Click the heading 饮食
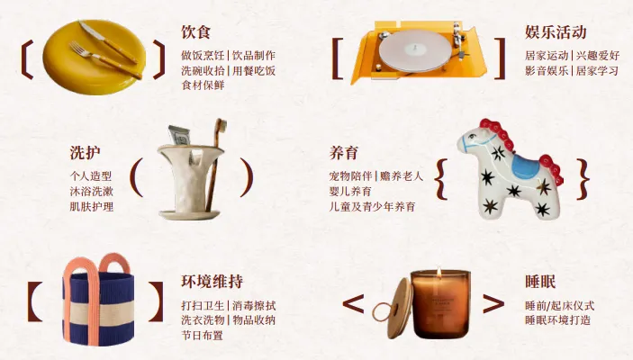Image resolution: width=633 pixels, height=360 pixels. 195,31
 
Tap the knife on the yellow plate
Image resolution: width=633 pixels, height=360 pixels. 108,41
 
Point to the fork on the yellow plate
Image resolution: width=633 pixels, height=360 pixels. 105,60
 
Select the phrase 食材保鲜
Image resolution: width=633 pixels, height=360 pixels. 203,85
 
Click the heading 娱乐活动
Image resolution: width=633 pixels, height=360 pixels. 556,31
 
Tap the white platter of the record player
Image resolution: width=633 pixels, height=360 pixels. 414,51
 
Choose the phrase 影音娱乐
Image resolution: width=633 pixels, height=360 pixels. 547,70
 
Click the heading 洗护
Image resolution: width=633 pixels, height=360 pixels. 85,153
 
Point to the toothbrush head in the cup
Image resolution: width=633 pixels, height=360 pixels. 221,126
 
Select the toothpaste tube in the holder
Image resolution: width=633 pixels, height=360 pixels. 179,135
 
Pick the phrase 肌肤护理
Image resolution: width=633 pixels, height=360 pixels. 92,207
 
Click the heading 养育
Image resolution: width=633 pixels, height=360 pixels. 344,153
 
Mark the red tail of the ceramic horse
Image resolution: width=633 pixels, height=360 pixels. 552,168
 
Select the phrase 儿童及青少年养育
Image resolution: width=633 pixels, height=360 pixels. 372,207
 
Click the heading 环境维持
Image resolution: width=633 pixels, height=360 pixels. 212,282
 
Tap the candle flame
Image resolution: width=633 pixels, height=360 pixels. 439,273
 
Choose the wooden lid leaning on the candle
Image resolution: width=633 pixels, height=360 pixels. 400,307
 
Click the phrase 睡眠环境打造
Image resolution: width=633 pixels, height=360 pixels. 558,320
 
